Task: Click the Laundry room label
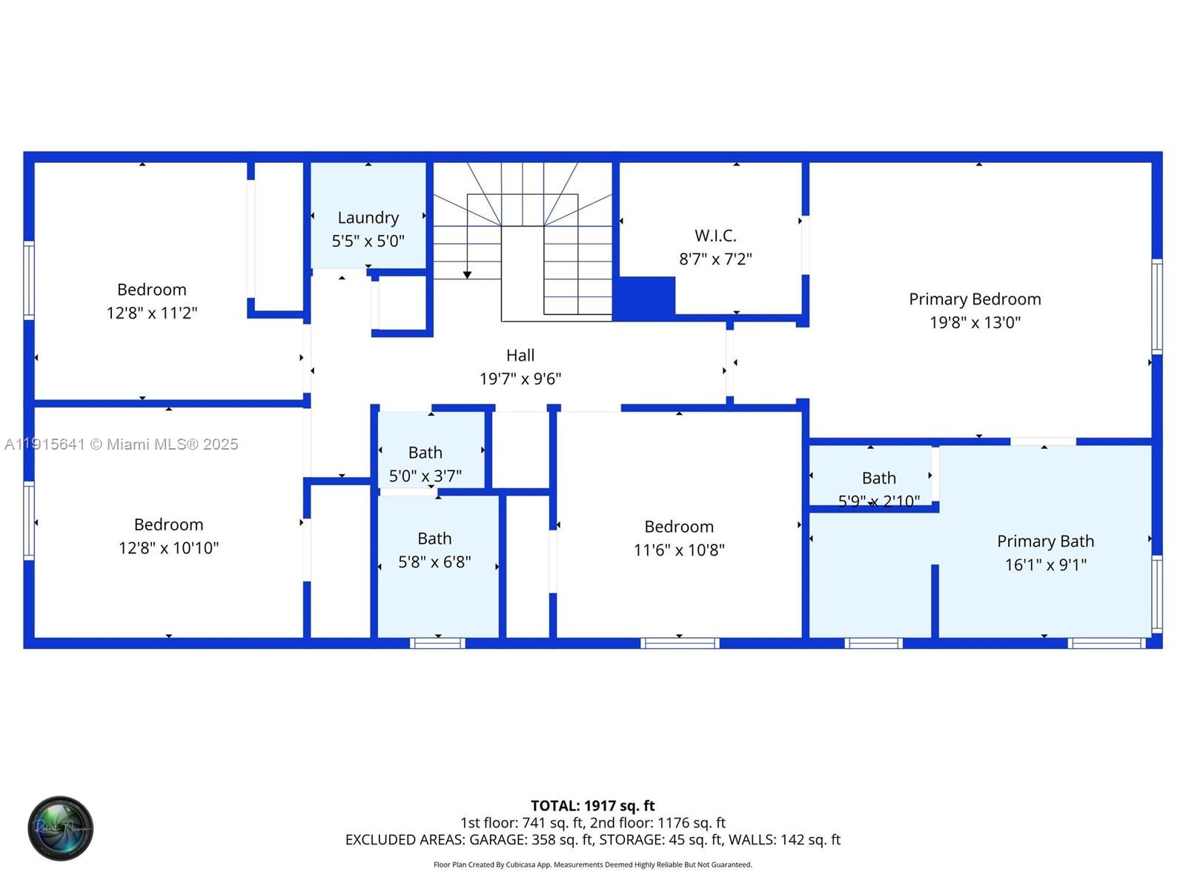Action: pyautogui.click(x=368, y=218)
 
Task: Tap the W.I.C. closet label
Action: pyautogui.click(x=715, y=236)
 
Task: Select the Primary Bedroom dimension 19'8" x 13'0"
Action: pyautogui.click(x=975, y=323)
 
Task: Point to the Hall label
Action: pyautogui.click(x=520, y=356)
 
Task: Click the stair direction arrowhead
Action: pyautogui.click(x=467, y=275)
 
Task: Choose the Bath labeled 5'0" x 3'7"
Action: pyautogui.click(x=425, y=453)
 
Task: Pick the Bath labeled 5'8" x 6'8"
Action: pyautogui.click(x=434, y=539)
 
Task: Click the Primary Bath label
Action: pyautogui.click(x=1045, y=542)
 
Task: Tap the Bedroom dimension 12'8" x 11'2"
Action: pyautogui.click(x=151, y=313)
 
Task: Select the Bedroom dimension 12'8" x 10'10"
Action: pyautogui.click(x=168, y=548)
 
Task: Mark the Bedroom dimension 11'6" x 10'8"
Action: pyautogui.click(x=678, y=550)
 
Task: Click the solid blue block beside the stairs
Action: pyautogui.click(x=644, y=297)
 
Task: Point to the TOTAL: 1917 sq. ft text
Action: pyautogui.click(x=592, y=806)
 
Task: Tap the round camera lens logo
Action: pyautogui.click(x=61, y=828)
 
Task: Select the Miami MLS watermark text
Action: pyautogui.click(x=122, y=444)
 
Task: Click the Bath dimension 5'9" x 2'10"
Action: pyautogui.click(x=878, y=502)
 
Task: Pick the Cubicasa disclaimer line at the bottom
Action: pyautogui.click(x=592, y=865)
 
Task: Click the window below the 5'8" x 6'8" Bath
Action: pyautogui.click(x=437, y=643)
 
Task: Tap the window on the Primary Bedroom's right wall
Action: pyautogui.click(x=1156, y=306)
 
